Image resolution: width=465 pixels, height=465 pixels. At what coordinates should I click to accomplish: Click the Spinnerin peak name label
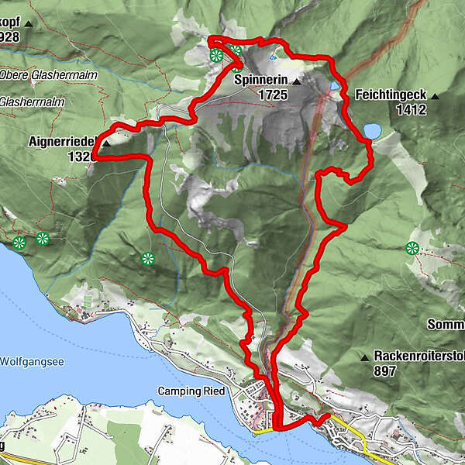[260, 81]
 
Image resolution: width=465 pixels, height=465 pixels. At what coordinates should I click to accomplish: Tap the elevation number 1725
[273, 95]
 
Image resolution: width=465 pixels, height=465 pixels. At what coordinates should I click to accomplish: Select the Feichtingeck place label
[391, 95]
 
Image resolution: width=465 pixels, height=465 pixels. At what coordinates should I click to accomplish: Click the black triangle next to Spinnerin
[297, 81]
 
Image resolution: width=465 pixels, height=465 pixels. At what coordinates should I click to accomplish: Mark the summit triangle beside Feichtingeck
[436, 95]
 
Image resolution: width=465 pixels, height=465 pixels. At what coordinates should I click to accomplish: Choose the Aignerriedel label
[61, 143]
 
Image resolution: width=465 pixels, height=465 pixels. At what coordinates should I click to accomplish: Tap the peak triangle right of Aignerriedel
[105, 143]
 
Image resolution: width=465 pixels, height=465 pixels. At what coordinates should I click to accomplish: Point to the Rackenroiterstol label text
[418, 356]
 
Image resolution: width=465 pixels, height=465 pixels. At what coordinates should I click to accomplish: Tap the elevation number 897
[385, 371]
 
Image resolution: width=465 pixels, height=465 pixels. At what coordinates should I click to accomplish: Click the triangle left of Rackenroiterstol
[364, 357]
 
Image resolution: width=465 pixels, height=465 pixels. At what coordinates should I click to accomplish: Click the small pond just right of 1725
[334, 86]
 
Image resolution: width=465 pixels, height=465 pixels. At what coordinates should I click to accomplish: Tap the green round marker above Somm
[412, 248]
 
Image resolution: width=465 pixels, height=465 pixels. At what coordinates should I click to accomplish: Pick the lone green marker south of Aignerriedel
[148, 259]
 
